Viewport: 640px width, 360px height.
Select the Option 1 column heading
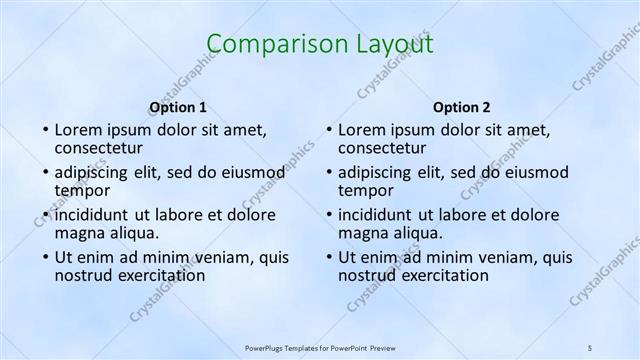[178, 107]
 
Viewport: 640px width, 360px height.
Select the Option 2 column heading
[462, 107]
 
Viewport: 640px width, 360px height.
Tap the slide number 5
[590, 347]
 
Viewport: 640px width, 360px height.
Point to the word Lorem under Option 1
[77, 129]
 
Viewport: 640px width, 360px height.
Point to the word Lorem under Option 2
[361, 129]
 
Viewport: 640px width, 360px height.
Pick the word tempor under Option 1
[82, 189]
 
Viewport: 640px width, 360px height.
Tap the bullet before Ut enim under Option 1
[44, 257]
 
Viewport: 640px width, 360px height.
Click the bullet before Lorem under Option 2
[328, 130]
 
